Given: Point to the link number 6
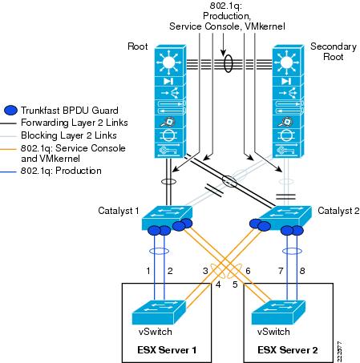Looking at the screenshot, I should (x=248, y=272).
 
